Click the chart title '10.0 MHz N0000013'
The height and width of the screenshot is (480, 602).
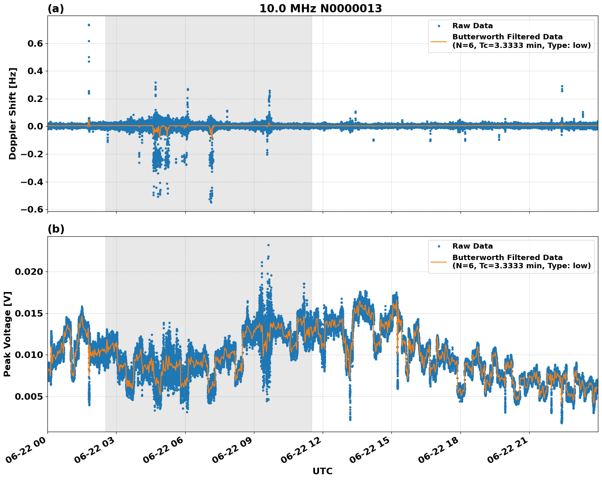coord(320,9)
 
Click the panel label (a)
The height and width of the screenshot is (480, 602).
coord(56,9)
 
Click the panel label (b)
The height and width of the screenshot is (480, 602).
coord(56,229)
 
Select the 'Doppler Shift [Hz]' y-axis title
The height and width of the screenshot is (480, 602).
coord(13,113)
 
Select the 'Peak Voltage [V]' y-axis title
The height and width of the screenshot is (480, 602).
coord(7,334)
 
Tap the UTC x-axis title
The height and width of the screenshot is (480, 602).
coord(322,471)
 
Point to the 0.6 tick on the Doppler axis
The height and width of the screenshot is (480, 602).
coord(34,43)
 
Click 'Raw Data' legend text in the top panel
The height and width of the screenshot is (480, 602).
coord(472,26)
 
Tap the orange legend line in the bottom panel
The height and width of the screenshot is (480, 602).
coord(439,262)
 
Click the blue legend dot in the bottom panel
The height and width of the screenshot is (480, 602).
coord(439,247)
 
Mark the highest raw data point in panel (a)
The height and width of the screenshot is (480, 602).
coord(89,25)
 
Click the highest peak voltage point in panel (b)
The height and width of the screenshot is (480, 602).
coord(268,245)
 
